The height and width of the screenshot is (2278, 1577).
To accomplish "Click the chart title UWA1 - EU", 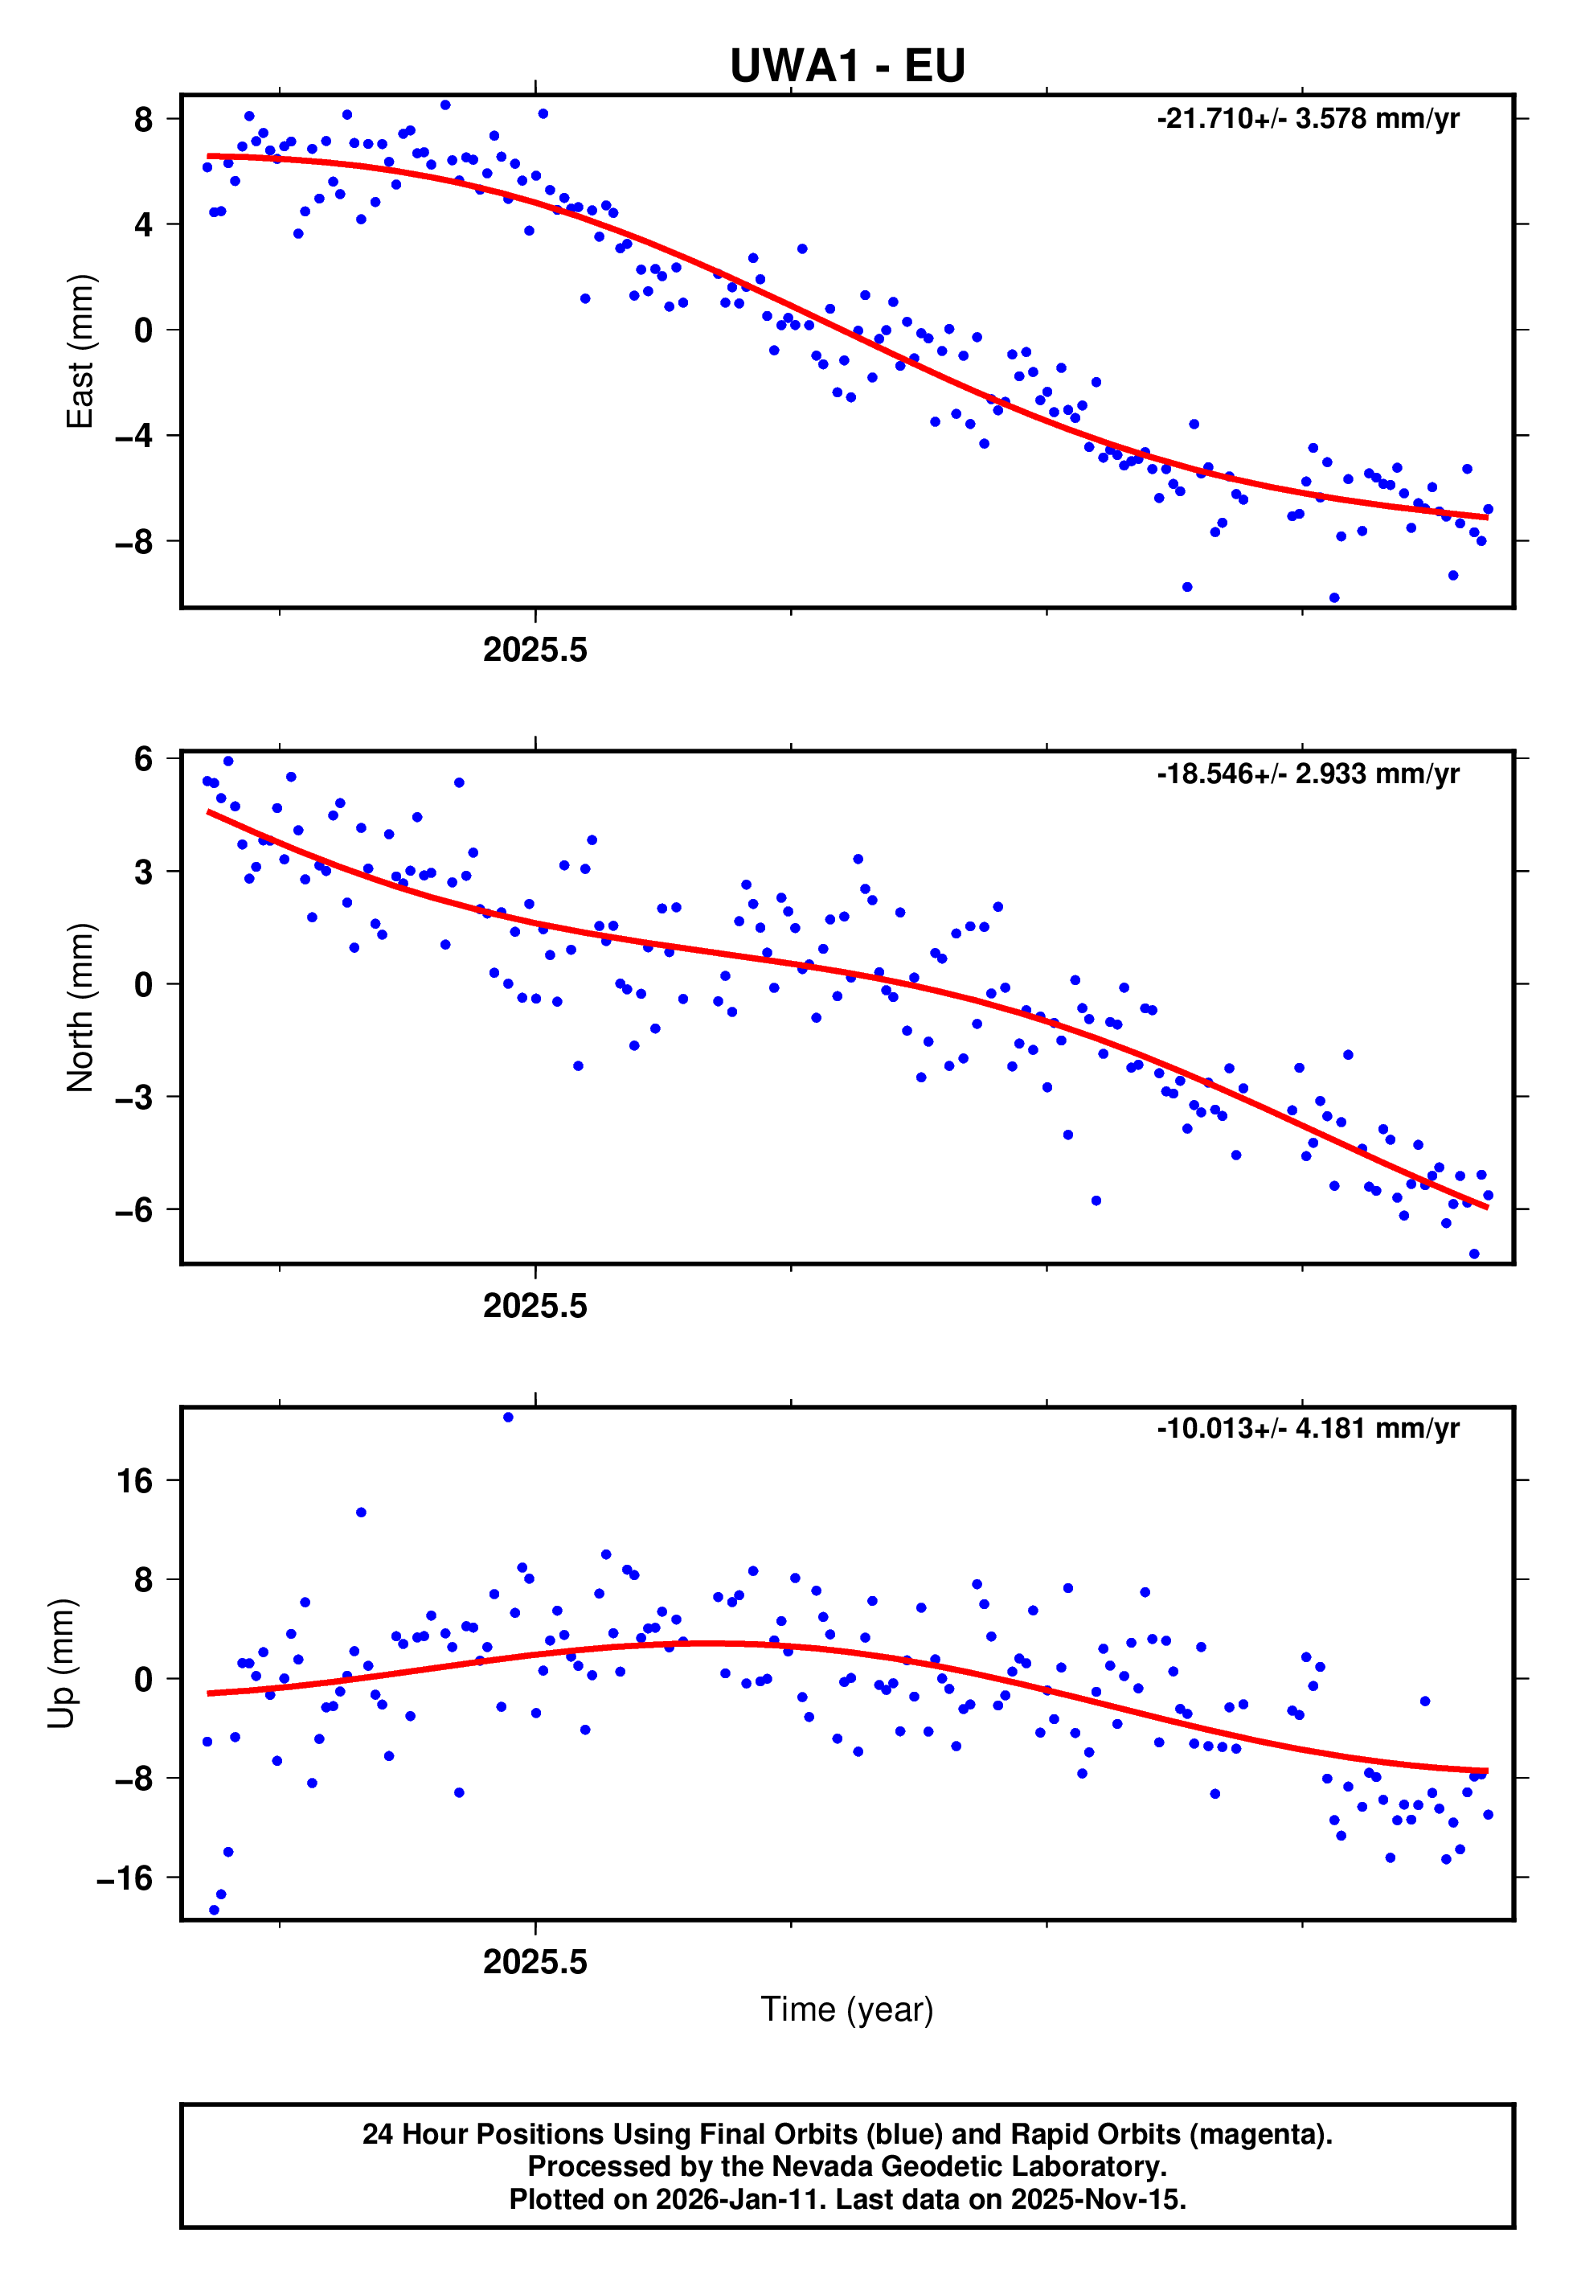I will point(847,66).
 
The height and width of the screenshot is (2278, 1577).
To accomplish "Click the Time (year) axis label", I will point(847,2009).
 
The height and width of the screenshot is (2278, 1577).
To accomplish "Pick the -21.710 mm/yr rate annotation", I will point(1307,118).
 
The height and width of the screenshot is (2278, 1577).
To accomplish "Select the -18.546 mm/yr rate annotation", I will point(1307,774).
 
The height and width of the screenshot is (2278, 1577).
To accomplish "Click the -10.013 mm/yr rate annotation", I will point(1307,1428).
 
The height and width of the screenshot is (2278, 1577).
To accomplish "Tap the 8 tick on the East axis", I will point(144,120).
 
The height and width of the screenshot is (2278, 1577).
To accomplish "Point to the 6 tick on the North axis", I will point(144,759).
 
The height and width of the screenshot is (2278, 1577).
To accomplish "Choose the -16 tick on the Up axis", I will point(125,1878).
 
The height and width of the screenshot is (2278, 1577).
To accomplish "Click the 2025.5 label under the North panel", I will point(535,1307).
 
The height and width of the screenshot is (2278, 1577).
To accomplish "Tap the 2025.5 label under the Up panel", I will point(535,1962).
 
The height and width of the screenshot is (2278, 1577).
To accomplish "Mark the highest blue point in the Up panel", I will point(508,1417).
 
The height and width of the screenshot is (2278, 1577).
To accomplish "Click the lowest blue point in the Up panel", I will point(215,1911).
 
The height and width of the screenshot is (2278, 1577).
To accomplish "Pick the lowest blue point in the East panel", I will point(1334,598).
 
